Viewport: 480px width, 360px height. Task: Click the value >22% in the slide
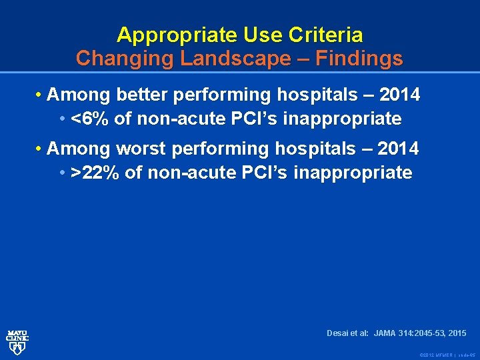coord(95,173)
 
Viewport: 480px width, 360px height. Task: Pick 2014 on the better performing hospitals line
coord(399,95)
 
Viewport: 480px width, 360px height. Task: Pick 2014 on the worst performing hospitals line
coord(398,147)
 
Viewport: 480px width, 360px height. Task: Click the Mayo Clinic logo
coord(17,341)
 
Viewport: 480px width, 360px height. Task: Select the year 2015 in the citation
coord(457,333)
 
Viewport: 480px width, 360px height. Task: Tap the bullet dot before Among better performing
coord(40,95)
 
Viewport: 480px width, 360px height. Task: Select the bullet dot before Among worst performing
coord(40,147)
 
